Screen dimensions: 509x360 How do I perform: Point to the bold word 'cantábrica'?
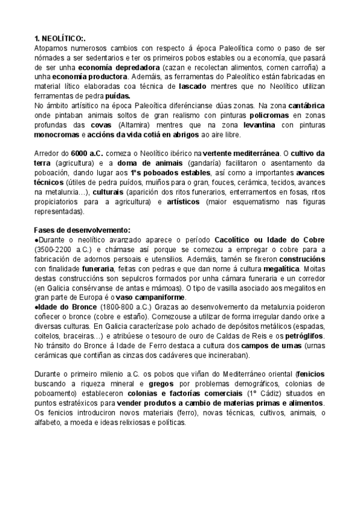point(307,105)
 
